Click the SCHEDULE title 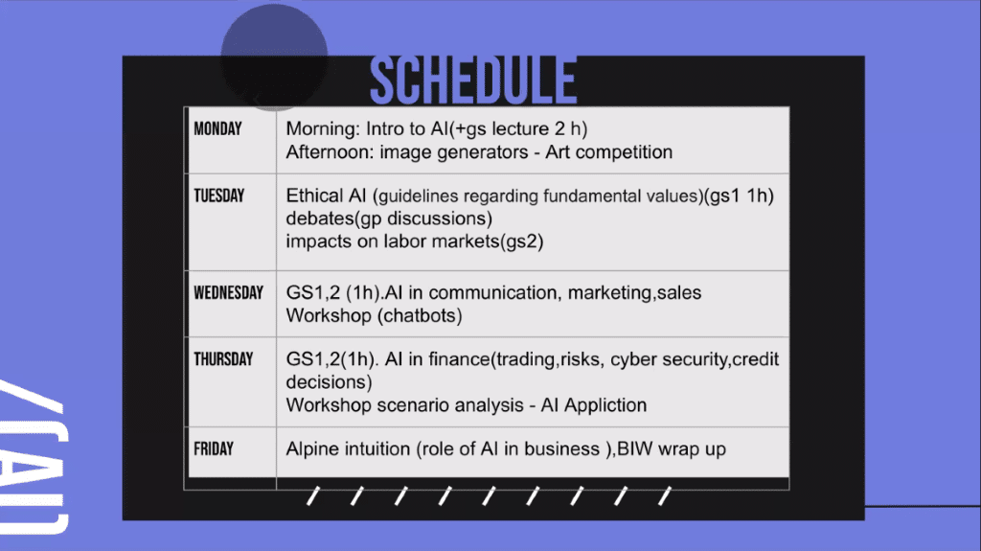tap(473, 80)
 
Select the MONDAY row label tap(217, 129)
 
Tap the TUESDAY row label tap(219, 196)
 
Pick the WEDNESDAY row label tap(228, 293)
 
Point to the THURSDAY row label tap(223, 359)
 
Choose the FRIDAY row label tap(214, 448)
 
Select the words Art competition tap(608, 152)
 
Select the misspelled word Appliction tap(605, 405)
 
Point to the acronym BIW tap(635, 448)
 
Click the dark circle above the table tap(275, 57)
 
